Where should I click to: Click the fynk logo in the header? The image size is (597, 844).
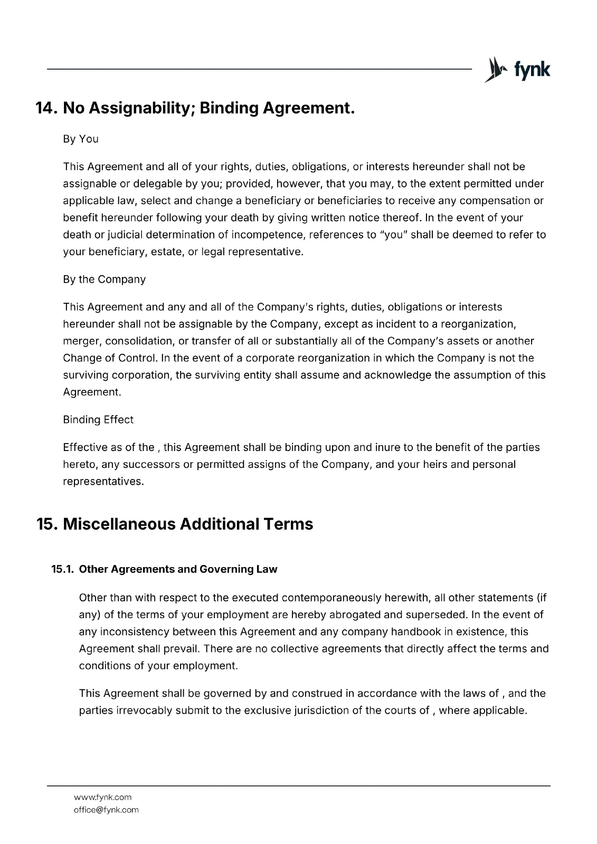517,70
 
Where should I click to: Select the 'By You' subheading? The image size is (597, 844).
81,139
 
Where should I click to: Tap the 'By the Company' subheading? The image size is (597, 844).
104,279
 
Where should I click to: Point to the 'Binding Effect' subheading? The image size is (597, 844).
98,419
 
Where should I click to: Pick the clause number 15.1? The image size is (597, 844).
62,569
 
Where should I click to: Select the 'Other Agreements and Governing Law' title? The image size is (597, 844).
178,569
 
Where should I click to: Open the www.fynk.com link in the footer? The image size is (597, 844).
102,797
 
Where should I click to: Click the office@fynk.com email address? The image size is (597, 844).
106,810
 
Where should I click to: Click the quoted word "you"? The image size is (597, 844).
393,234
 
